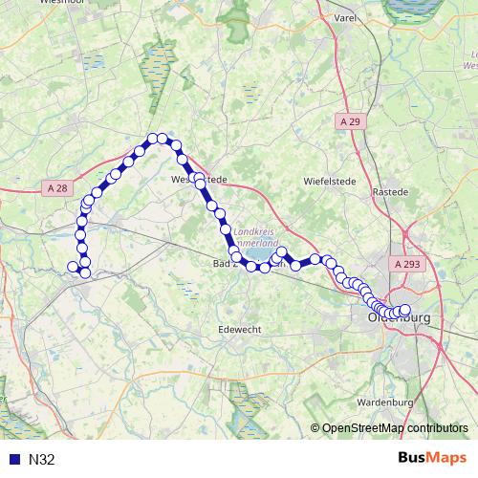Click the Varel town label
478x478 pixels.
(x=344, y=17)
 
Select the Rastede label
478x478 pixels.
(x=390, y=191)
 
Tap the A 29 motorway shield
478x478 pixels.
(x=349, y=122)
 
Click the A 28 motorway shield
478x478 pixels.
(x=56, y=188)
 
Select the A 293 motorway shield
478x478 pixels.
(x=405, y=261)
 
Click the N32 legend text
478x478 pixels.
(x=42, y=460)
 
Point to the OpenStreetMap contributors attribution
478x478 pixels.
(x=395, y=429)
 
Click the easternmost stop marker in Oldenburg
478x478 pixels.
(x=404, y=310)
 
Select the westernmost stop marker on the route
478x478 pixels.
(x=73, y=267)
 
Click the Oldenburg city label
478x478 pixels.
(x=401, y=317)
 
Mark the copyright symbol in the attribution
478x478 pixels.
(x=315, y=429)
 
